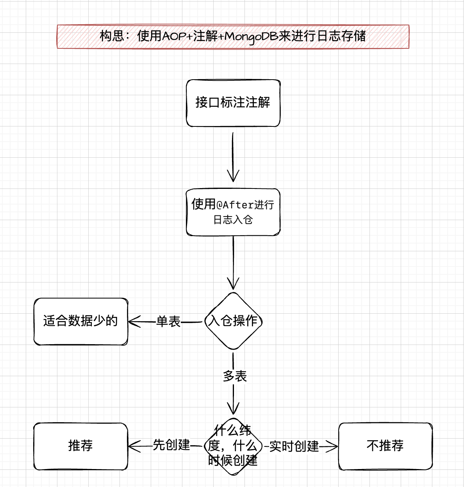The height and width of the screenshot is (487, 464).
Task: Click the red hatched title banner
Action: tap(233, 36)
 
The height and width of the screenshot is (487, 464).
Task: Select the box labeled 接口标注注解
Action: tap(233, 103)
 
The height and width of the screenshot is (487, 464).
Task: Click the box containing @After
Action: tap(233, 212)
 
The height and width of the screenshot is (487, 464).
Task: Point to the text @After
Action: tap(235, 205)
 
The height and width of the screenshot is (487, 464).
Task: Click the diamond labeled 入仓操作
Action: tap(233, 321)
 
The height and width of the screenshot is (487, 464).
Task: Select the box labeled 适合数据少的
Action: tap(81, 321)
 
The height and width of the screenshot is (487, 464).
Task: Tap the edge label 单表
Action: tap(168, 322)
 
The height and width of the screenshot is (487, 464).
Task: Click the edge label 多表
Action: tap(235, 376)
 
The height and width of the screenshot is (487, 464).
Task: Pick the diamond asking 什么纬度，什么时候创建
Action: tap(233, 446)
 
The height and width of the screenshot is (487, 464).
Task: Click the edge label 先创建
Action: tap(171, 445)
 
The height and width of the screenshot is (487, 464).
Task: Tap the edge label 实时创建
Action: tap(294, 446)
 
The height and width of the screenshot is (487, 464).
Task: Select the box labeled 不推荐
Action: tap(385, 446)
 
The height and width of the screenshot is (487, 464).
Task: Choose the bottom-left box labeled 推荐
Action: tap(81, 446)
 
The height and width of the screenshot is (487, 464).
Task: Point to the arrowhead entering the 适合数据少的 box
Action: tap(134, 322)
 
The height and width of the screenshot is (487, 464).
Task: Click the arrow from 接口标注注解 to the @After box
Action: tap(233, 157)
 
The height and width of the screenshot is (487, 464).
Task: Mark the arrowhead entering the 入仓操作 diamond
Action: tap(233, 284)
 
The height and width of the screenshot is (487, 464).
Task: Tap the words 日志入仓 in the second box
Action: tap(233, 220)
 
